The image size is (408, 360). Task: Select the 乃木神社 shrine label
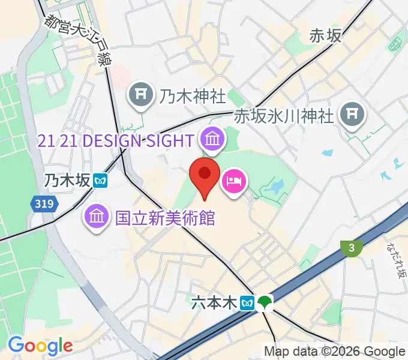pos(193,95)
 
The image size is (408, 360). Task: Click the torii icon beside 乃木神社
pos(140,96)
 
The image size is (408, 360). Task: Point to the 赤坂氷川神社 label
pos(283,115)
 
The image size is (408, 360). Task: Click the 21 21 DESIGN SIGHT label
pos(115,141)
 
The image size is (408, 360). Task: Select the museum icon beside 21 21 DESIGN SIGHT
pos(212,141)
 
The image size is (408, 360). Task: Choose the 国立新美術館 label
pos(165,217)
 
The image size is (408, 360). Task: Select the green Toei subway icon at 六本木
pos(264,303)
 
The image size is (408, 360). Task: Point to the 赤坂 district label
pos(325,37)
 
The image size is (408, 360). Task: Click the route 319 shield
pos(44,205)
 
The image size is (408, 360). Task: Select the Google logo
pos(40,346)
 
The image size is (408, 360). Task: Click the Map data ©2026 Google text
pos(335,352)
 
